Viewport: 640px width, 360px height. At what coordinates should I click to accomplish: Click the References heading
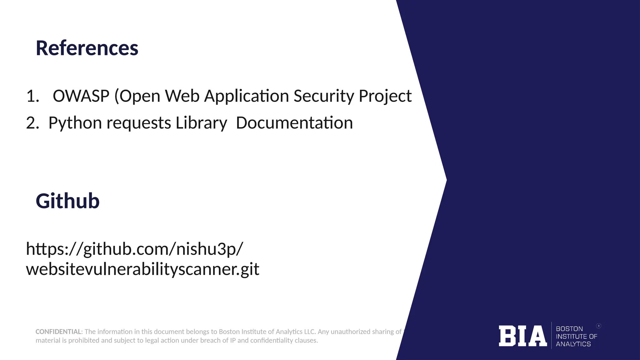[87, 48]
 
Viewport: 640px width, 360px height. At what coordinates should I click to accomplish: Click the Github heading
[67, 201]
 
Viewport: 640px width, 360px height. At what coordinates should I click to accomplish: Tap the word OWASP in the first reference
[81, 96]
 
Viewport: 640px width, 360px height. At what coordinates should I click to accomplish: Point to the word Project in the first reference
[385, 96]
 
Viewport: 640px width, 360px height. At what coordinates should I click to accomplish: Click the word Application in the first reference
[247, 96]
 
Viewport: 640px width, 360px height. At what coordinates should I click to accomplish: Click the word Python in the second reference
[75, 122]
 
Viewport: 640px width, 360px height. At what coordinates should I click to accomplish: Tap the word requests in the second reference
[139, 122]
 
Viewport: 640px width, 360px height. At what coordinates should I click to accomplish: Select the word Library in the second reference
[201, 122]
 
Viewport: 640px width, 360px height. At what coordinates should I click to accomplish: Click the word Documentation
[294, 122]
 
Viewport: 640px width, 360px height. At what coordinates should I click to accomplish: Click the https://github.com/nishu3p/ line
[134, 249]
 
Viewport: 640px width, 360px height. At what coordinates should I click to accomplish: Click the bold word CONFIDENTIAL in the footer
[58, 332]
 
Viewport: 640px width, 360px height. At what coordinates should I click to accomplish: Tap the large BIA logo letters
[522, 336]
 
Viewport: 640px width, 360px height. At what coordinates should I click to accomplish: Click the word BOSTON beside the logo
[569, 329]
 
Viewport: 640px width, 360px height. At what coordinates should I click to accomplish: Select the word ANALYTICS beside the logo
[573, 344]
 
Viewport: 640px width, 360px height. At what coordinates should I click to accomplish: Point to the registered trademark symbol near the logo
[599, 326]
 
